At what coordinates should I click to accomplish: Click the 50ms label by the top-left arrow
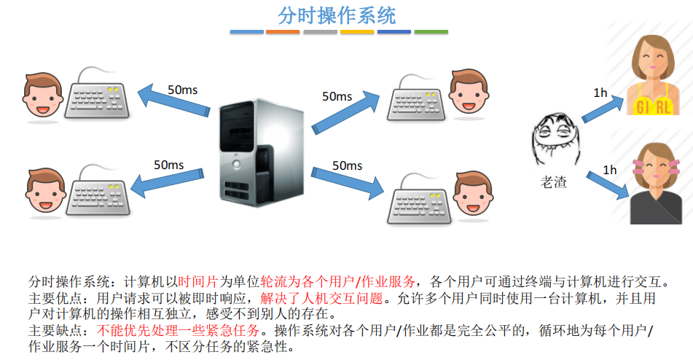[182, 90]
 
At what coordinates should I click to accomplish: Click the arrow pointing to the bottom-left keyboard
[171, 182]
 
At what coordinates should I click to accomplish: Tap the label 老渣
[552, 182]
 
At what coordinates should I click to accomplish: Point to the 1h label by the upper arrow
[600, 93]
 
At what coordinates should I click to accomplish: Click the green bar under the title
[431, 32]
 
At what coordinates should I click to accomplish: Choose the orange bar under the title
[283, 32]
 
